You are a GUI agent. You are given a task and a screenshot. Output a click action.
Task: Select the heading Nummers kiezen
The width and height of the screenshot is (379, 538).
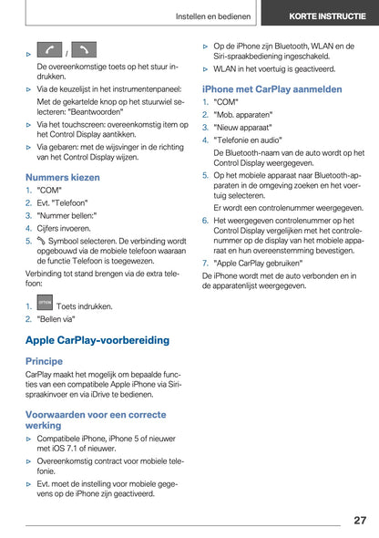tap(63, 177)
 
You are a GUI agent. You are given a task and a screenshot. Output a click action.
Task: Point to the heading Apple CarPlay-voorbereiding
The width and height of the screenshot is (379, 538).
tap(97, 340)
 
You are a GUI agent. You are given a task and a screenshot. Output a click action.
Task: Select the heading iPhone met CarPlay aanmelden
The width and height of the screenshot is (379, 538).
tap(271, 89)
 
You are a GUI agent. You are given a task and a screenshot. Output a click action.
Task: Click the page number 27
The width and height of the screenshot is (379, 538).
tap(359, 520)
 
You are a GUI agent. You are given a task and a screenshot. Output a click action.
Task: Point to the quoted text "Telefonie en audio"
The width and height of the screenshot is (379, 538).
tap(249, 140)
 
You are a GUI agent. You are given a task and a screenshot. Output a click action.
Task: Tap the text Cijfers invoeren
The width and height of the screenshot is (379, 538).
tap(64, 229)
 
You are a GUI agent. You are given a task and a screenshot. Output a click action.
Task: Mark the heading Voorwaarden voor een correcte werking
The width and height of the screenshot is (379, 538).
tap(89, 419)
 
